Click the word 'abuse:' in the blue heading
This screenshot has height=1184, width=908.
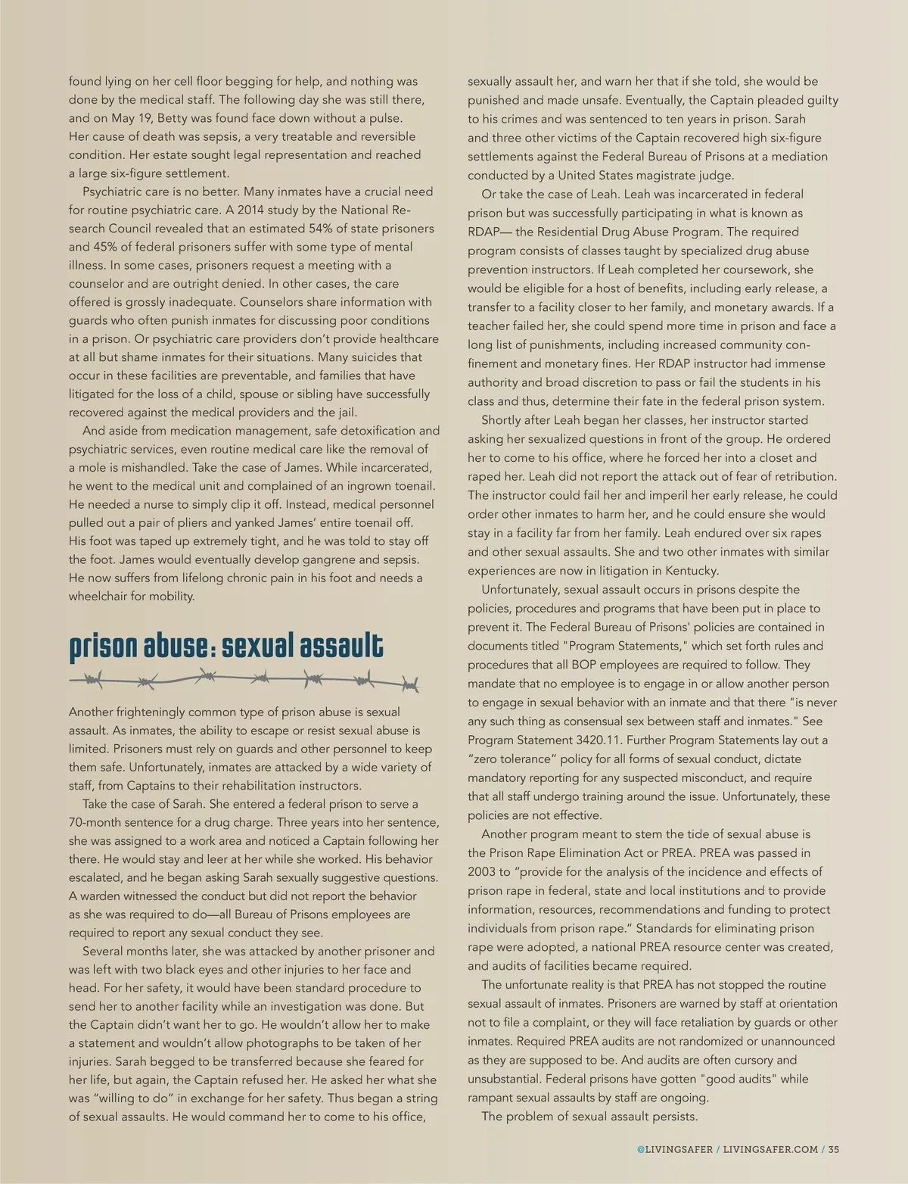pyautogui.click(x=176, y=646)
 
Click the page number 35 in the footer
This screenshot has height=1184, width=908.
pyautogui.click(x=834, y=1149)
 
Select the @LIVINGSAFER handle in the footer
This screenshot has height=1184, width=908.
pyautogui.click(x=674, y=1149)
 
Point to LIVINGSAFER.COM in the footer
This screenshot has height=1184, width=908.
pyautogui.click(x=770, y=1149)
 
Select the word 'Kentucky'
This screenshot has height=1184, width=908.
pyautogui.click(x=690, y=571)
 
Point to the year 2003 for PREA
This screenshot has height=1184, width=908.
pyautogui.click(x=483, y=871)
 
